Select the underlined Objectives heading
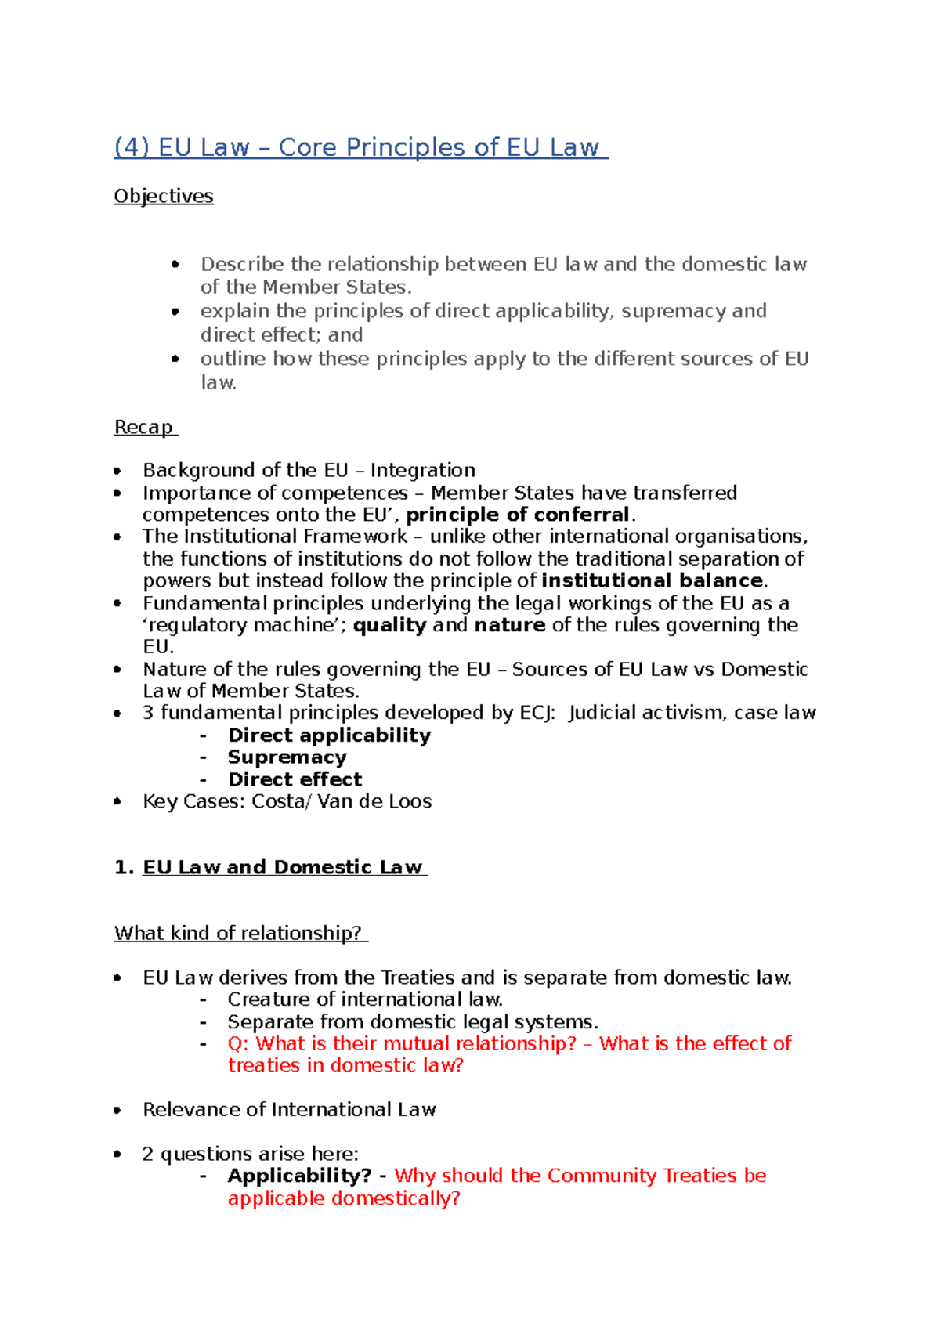coord(163,196)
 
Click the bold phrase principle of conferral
coord(518,515)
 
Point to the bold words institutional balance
coord(652,580)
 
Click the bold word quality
coord(389,625)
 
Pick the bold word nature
coord(509,625)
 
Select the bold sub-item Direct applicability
coord(329,735)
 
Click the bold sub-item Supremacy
coord(287,757)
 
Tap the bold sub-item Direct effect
coord(295,779)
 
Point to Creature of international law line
coord(365,999)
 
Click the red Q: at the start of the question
coord(238,1043)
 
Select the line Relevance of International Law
coord(289,1109)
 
